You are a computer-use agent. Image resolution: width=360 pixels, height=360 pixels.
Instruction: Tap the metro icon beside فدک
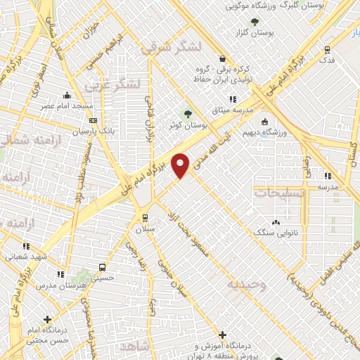pos(327,49)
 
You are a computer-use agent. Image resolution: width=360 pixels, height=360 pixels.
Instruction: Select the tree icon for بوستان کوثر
pos(187,114)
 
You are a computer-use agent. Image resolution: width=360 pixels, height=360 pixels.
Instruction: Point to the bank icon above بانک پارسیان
pos(93,120)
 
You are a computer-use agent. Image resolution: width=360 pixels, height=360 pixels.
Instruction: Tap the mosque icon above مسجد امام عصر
pos(67,95)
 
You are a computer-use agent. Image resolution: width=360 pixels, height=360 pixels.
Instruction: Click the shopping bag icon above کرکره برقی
pos(223,60)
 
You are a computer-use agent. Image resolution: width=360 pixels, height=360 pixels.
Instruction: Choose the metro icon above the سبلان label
pos(146,217)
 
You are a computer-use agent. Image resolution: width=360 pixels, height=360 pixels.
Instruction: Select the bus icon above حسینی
pos(103,267)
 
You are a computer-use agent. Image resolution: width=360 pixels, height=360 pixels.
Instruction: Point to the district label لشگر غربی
pos(112,85)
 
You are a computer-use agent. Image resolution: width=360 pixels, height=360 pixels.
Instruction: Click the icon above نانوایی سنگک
pos(275,221)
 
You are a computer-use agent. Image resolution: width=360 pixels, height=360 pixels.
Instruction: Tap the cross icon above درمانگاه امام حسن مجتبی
pos(47,319)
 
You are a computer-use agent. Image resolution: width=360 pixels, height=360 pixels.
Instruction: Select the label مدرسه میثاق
pos(233,110)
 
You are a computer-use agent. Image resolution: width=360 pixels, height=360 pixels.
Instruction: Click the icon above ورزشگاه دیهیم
pos(266,120)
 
